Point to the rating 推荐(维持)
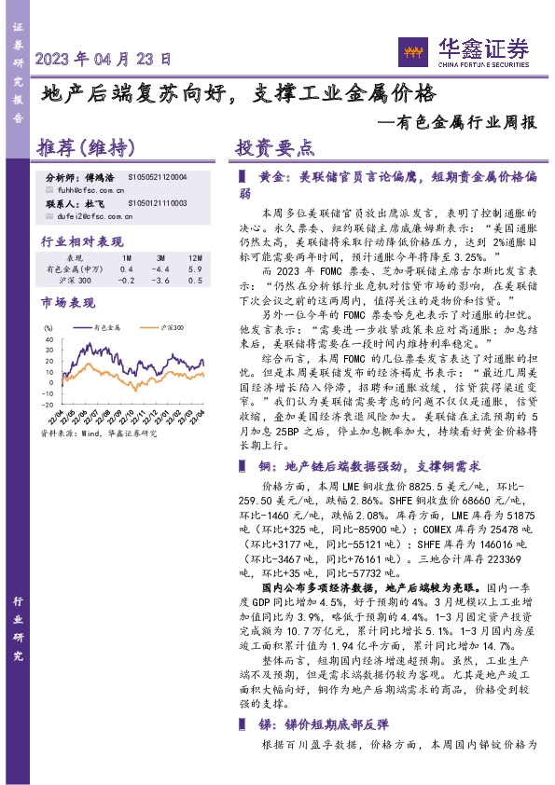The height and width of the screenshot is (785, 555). coord(86,149)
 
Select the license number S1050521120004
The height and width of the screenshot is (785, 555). coord(158,176)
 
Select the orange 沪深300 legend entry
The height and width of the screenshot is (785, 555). coord(164,327)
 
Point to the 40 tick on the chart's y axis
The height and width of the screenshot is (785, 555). coord(49,338)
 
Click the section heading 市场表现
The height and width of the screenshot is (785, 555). coord(68,303)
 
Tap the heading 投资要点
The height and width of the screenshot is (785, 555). coord(274,149)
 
